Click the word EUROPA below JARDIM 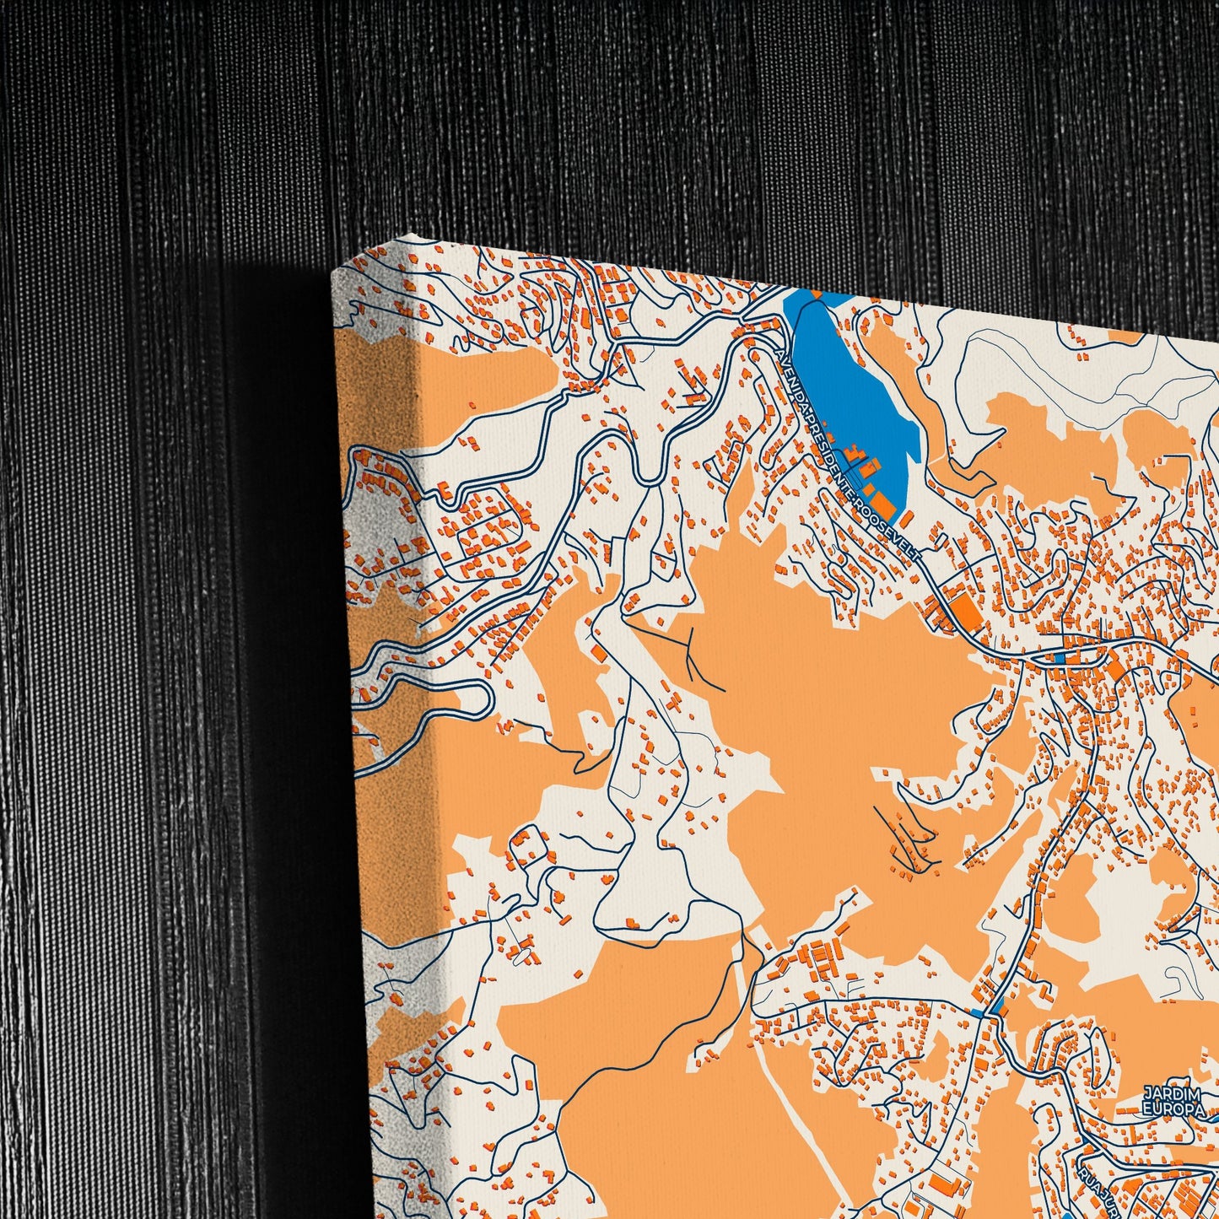(x=1174, y=1109)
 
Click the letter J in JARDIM (x=1147, y=1094)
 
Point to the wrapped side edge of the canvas (x=380, y=675)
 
